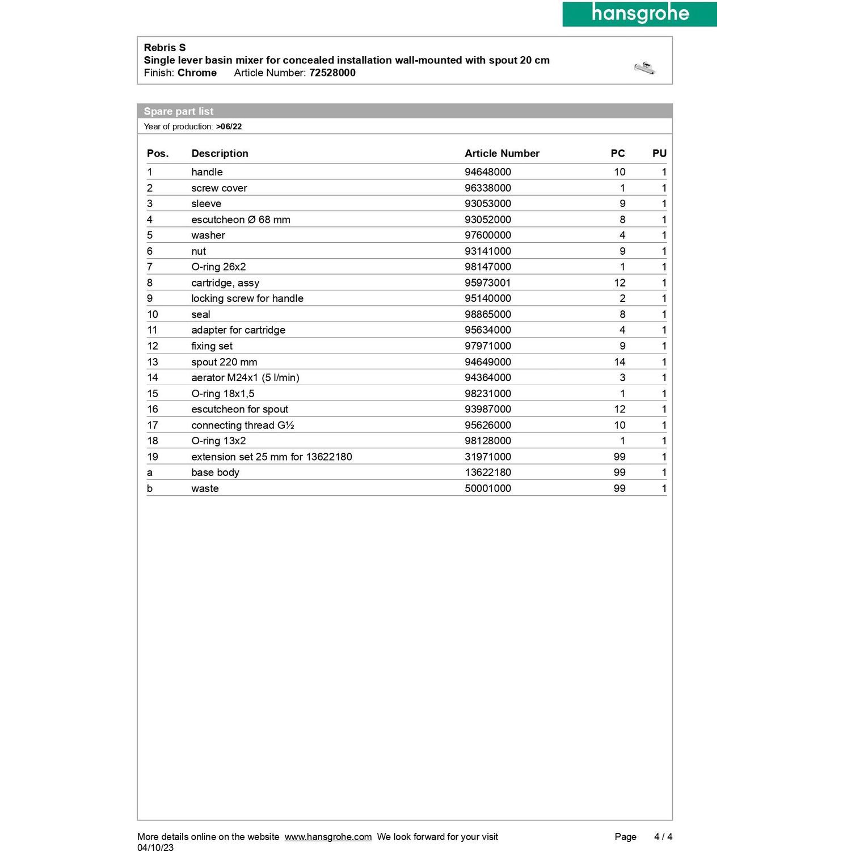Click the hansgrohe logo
[639, 14]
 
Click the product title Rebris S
[165, 48]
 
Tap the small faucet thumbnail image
[644, 68]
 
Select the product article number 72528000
[332, 73]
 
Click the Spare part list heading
[178, 111]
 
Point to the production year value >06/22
[229, 127]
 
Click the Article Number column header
[502, 153]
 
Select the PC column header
[617, 153]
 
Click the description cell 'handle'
[207, 172]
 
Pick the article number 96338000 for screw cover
[487, 188]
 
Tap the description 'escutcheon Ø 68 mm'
[241, 220]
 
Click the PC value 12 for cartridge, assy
[619, 283]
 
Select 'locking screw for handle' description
[247, 298]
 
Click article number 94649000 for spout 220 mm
[487, 362]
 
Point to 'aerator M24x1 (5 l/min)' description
[245, 377]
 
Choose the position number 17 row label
[152, 425]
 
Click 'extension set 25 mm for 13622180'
[271, 457]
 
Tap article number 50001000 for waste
[487, 488]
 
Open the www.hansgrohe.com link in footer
[328, 837]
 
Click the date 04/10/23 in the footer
[155, 848]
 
